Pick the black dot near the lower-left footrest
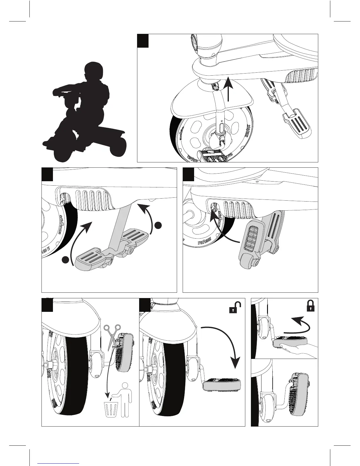[x=66, y=259]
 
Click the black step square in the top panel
[x=143, y=41]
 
